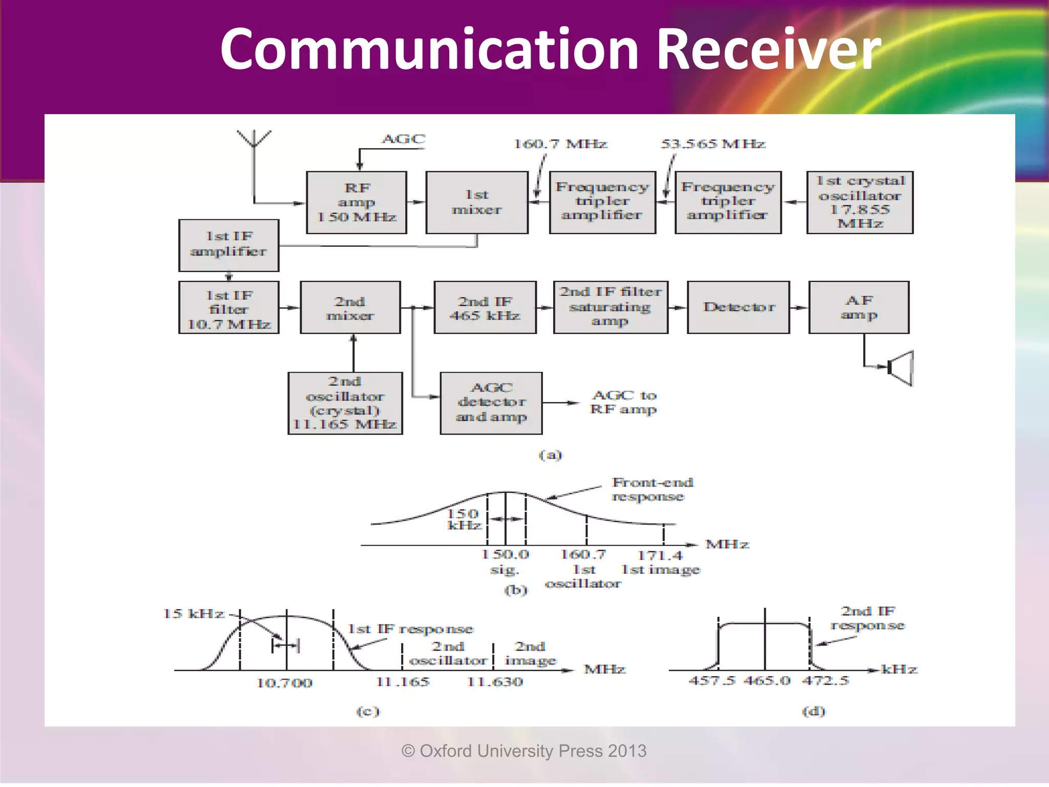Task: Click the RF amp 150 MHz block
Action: point(356,202)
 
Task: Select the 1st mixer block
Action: point(476,202)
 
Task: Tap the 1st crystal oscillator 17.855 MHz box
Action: point(859,202)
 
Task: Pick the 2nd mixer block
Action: point(350,307)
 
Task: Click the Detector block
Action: point(738,307)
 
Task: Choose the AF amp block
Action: point(858,307)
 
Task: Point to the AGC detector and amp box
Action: point(491,403)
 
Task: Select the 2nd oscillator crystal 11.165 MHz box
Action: point(345,403)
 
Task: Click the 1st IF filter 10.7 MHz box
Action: point(229,307)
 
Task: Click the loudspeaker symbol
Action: point(901,367)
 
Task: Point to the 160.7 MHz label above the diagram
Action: point(560,144)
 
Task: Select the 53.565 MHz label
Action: point(712,144)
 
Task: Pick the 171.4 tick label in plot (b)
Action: point(660,555)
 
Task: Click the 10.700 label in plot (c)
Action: point(284,683)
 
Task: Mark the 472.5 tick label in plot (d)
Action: point(825,681)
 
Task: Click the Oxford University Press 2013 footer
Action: point(524,751)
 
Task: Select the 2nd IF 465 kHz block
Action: point(485,307)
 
